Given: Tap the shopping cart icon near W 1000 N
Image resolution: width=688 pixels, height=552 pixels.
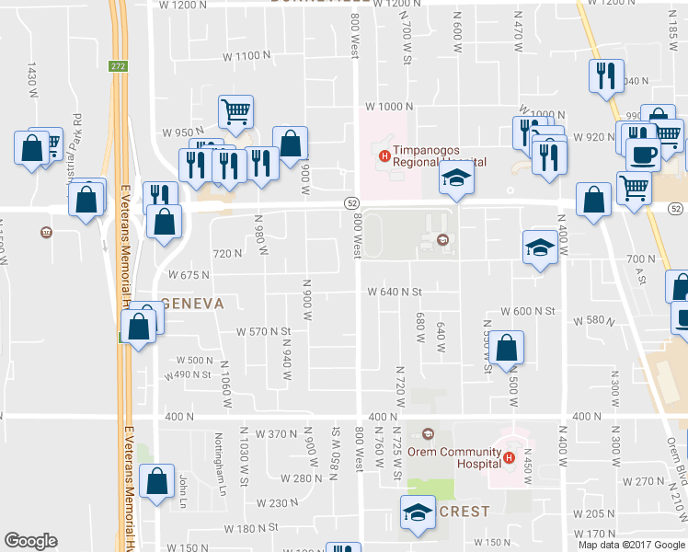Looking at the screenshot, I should [236, 112].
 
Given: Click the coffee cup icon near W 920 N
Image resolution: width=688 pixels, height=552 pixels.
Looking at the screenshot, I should [643, 153].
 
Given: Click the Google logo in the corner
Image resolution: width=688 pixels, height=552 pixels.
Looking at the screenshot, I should [30, 541].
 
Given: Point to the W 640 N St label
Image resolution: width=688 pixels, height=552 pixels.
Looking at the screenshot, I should [395, 292].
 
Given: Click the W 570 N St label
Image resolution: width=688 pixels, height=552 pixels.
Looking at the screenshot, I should [263, 331].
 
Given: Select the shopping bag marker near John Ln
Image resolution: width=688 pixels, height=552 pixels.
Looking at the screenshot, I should [158, 479].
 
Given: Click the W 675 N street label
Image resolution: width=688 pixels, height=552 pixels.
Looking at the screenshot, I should [188, 275].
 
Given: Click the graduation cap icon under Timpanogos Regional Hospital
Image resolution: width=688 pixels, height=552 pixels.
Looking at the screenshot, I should [454, 179].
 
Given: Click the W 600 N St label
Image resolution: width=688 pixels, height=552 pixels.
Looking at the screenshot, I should [528, 312].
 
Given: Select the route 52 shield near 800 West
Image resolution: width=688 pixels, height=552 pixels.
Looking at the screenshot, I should [351, 202].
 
